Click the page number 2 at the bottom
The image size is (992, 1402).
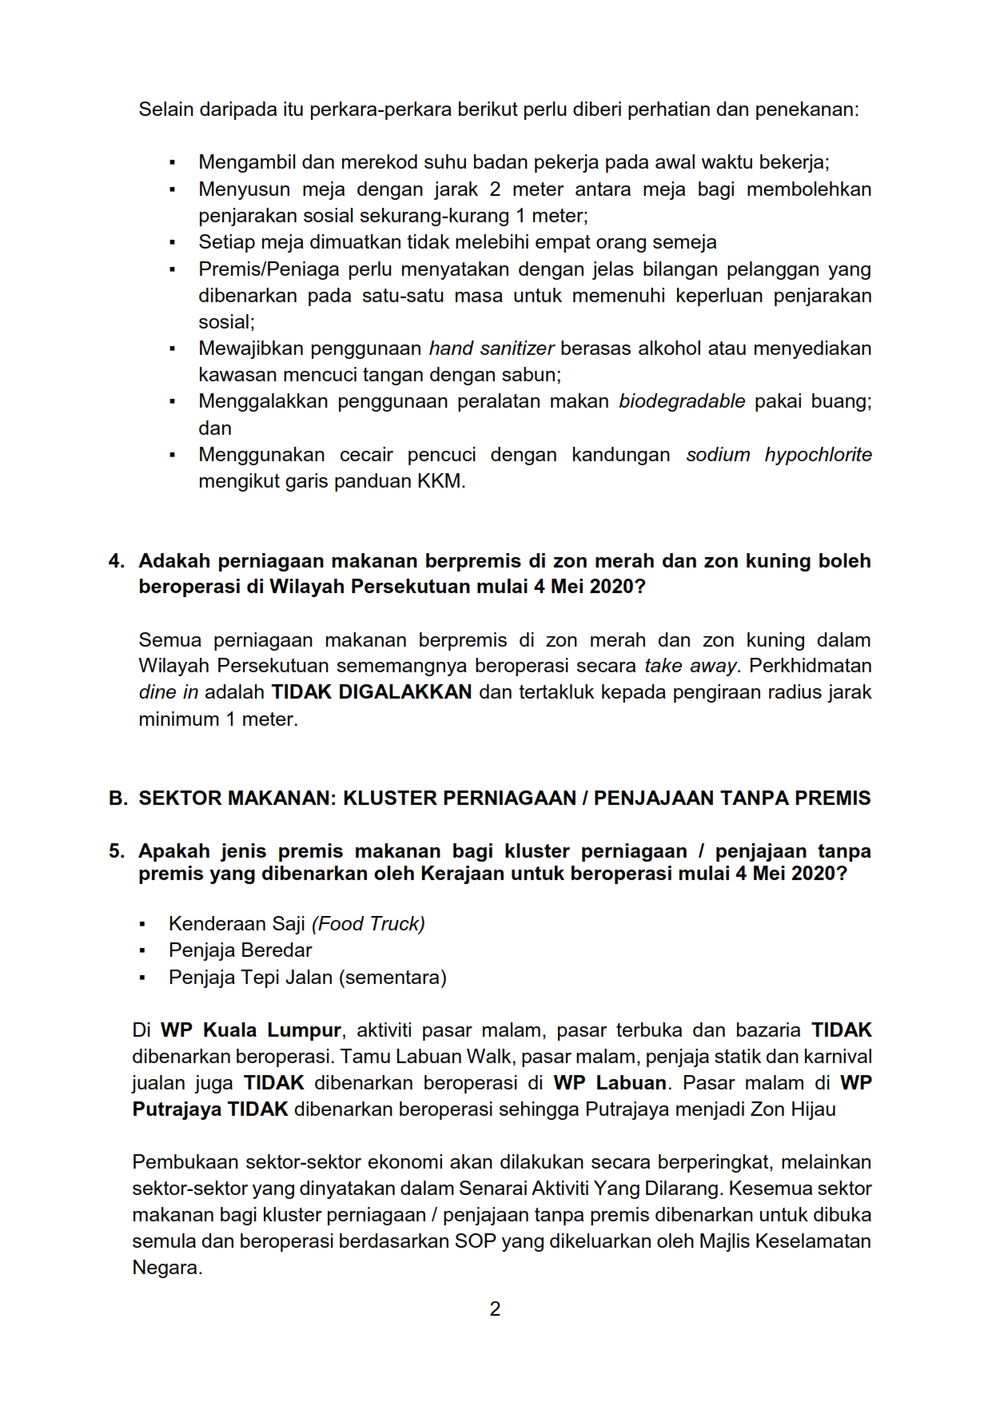point(495,1308)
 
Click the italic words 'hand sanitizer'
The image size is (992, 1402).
point(492,349)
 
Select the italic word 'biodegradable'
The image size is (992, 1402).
point(682,401)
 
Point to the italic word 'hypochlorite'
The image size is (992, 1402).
point(818,455)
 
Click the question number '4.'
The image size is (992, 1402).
point(117,560)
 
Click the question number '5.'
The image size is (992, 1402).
point(117,850)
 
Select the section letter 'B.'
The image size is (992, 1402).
point(118,798)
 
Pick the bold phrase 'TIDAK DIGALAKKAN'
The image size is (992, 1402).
point(372,692)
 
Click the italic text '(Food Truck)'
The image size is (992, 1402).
point(369,924)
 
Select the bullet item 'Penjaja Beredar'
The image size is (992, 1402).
point(240,950)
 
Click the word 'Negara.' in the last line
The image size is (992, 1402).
point(167,1268)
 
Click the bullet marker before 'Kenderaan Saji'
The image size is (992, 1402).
point(142,925)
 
